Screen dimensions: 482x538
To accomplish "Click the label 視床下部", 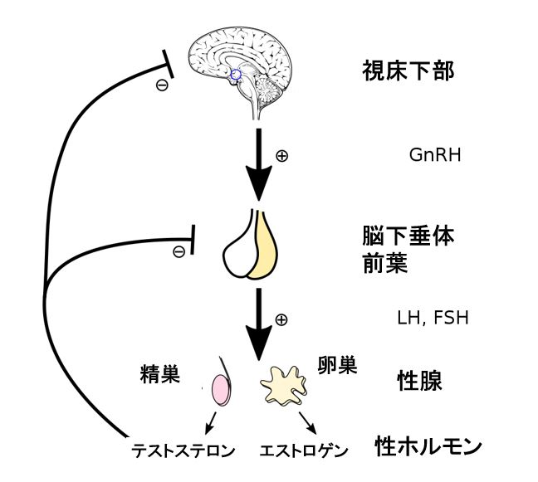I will (x=408, y=71).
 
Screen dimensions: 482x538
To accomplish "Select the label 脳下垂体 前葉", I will (x=403, y=249).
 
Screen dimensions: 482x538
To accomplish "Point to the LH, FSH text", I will (x=433, y=319).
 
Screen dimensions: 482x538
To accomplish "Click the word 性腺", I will (x=419, y=380).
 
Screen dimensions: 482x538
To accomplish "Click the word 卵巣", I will (x=337, y=365).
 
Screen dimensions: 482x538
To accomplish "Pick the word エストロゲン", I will (x=303, y=452).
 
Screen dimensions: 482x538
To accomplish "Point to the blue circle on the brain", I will (x=236, y=75).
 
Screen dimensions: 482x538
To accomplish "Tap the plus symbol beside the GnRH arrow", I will (x=281, y=155).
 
